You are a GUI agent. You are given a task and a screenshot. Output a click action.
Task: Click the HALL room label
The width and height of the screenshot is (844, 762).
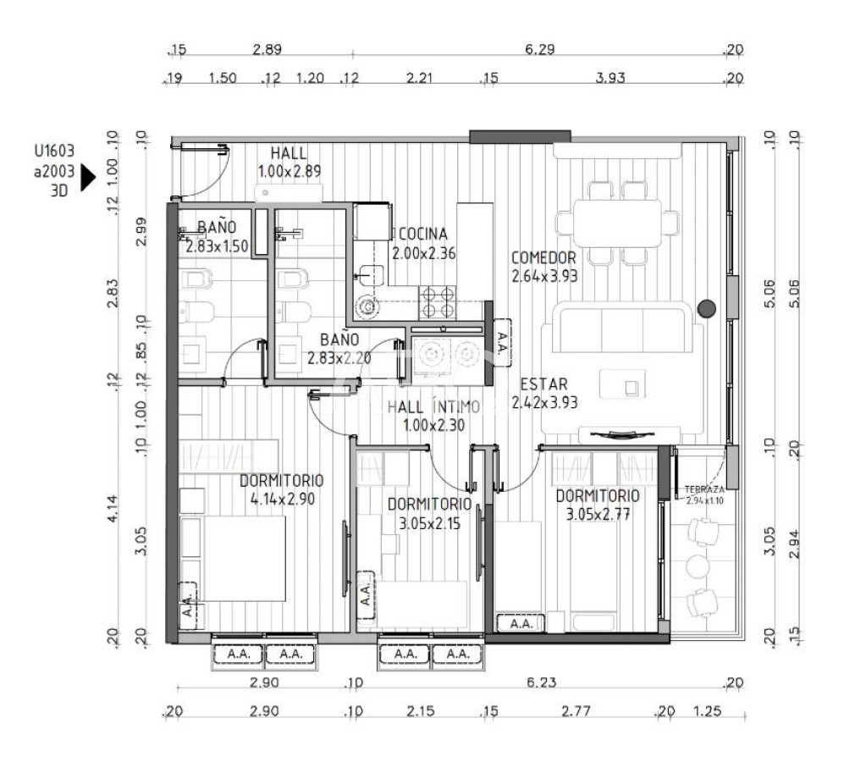[290, 153]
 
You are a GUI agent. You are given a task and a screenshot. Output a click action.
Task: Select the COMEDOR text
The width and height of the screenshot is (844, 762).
[543, 258]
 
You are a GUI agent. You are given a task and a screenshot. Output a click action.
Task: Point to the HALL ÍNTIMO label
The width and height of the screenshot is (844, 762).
[433, 407]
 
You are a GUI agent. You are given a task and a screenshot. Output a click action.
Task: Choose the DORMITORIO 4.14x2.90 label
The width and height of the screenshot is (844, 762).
[282, 481]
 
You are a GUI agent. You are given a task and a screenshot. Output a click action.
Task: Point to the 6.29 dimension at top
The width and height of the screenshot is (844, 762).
[539, 50]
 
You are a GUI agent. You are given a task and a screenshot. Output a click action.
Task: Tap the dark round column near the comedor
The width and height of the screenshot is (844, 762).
[706, 309]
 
